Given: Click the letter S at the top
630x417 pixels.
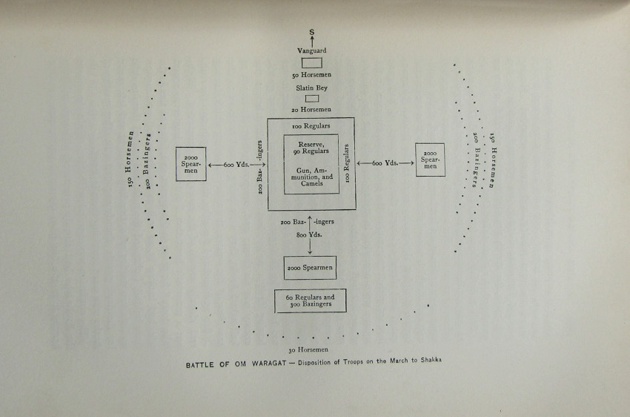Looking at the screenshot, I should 311,32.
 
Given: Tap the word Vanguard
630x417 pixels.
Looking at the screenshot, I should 311,50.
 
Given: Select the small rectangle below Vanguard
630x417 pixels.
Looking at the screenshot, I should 311,63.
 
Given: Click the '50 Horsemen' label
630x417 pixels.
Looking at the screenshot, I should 311,76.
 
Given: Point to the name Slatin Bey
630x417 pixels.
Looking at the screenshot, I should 311,88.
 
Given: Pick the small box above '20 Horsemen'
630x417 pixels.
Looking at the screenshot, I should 311,99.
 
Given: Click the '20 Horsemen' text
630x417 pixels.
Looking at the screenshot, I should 311,110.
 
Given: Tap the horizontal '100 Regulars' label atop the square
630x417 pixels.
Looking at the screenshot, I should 311,126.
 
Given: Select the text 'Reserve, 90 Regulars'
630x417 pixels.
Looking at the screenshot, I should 311,148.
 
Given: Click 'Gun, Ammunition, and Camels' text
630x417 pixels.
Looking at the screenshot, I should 311,177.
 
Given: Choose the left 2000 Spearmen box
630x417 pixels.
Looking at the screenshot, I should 190,164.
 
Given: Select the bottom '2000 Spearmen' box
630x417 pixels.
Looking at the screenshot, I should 311,267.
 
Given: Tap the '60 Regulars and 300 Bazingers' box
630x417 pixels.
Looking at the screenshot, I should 311,301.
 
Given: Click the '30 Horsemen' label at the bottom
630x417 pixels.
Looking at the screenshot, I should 309,349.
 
